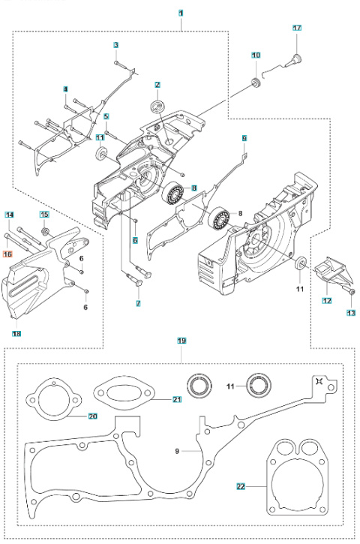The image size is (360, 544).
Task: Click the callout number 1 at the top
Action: tap(181, 14)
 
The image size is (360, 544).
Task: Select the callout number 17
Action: tap(297, 28)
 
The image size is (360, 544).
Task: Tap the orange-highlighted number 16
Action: tap(7, 254)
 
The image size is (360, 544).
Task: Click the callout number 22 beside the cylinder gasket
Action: tap(241, 486)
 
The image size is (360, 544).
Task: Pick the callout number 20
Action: tap(93, 416)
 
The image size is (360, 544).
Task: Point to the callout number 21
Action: tap(177, 399)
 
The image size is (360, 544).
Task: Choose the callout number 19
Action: tap(181, 341)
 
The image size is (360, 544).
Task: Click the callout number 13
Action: tap(351, 313)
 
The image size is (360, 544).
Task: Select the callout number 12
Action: tap(327, 300)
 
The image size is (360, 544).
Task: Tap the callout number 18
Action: tap(16, 334)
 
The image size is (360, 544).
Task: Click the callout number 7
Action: tap(139, 304)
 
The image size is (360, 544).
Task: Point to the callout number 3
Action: tap(116, 45)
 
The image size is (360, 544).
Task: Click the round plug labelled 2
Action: tap(157, 106)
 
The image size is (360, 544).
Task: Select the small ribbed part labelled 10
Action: tap(256, 84)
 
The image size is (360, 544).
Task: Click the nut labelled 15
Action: tap(45, 231)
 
